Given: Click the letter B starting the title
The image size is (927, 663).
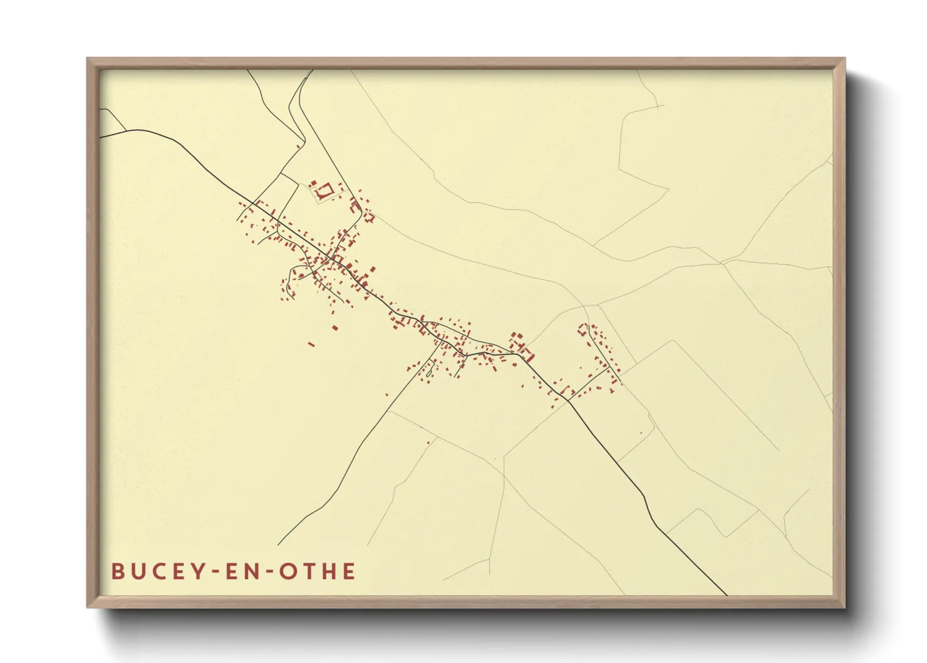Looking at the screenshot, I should pyautogui.click(x=117, y=572).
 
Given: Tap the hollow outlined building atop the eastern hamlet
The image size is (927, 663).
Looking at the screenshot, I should pyautogui.click(x=583, y=329).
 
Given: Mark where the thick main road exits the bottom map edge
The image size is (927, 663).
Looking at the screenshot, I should pyautogui.click(x=727, y=594).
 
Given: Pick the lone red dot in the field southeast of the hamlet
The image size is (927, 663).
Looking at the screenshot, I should pyautogui.click(x=641, y=433).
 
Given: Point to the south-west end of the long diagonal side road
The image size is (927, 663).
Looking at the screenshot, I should pyautogui.click(x=279, y=545).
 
